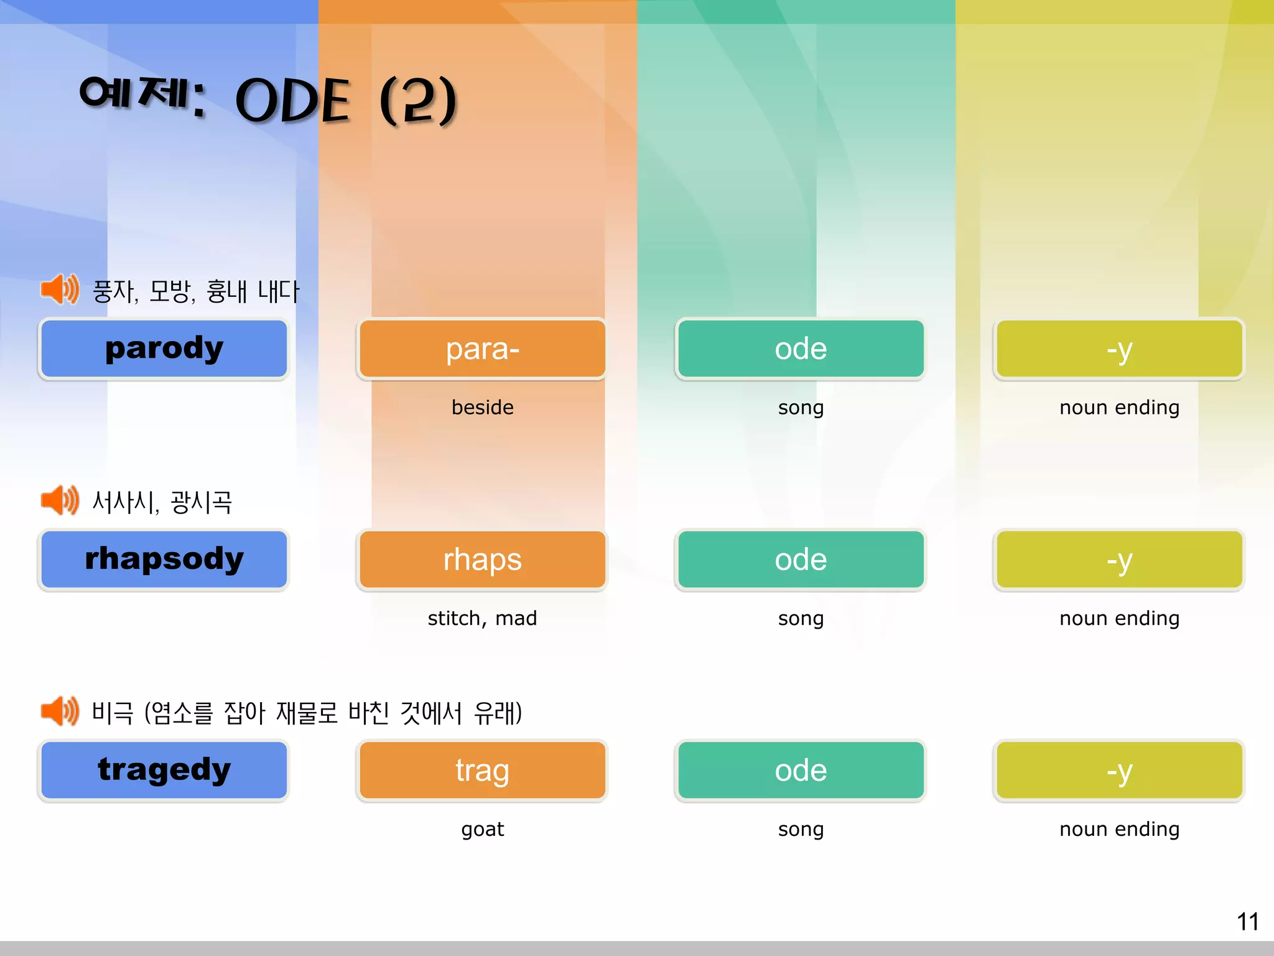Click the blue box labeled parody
(164, 349)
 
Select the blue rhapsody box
(164, 560)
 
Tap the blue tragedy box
(164, 770)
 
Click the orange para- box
(482, 349)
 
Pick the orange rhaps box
(482, 560)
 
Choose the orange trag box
(482, 770)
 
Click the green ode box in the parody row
(801, 349)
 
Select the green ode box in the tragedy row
(801, 770)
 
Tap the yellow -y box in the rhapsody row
(1119, 560)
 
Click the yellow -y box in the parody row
(1119, 349)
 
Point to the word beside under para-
(482, 407)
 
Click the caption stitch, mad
(482, 618)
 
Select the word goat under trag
(482, 829)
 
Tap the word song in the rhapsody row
(801, 618)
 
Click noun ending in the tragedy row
(1119, 829)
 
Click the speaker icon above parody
(60, 289)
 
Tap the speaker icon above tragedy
(60, 711)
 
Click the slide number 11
(1247, 922)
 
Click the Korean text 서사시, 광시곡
(162, 502)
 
